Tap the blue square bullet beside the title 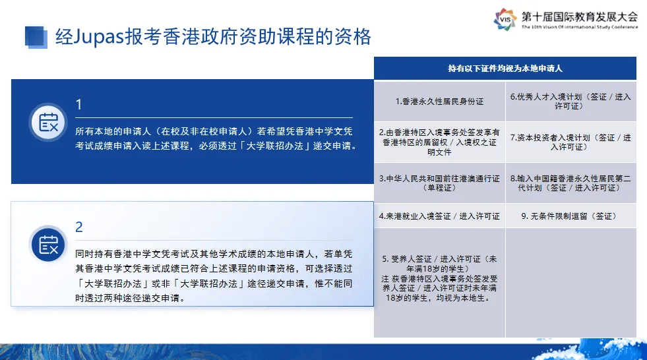click(36, 37)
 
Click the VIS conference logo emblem click(505, 19)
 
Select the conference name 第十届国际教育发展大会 click(579, 16)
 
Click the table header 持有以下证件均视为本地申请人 click(505, 69)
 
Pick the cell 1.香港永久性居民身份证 click(439, 102)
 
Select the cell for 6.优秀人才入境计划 click(570, 102)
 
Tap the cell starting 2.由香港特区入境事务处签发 click(439, 142)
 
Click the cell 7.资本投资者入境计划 click(570, 142)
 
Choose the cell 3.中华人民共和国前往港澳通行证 click(439, 183)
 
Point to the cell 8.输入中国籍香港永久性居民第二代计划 click(570, 183)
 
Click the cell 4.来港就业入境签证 click(439, 216)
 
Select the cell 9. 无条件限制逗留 click(570, 216)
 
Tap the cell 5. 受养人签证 click(439, 283)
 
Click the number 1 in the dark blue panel click(78, 105)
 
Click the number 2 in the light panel click(78, 227)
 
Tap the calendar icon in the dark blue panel click(48, 123)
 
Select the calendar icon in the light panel click(48, 245)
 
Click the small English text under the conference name click(579, 27)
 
